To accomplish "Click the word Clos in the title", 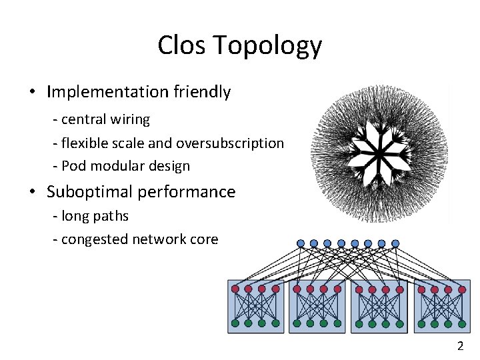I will coord(179,46).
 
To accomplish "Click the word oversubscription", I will coord(233,143).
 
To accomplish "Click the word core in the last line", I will coord(203,239).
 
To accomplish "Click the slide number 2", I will coord(460,346).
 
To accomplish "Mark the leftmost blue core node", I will coord(301,243).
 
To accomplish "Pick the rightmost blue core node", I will coord(395,243).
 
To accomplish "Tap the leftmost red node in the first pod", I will coord(235,289).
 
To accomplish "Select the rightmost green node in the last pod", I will coord(462,323).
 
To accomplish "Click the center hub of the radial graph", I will coord(377,153).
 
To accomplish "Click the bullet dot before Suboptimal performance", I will coord(32,193).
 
